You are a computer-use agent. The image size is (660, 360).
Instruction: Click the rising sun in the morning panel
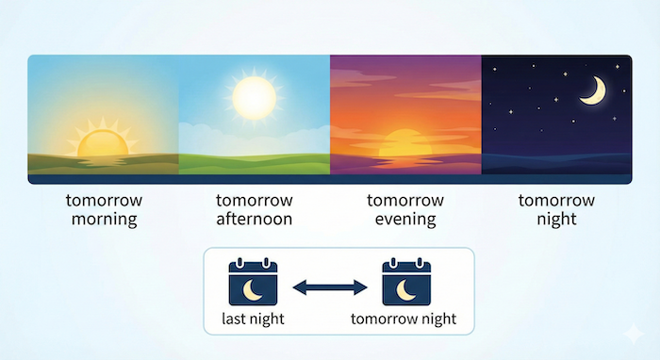tap(101, 142)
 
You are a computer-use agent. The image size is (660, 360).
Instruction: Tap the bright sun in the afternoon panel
tap(253, 96)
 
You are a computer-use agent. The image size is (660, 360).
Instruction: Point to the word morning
tap(102, 220)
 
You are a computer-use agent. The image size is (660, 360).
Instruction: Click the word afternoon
tap(254, 220)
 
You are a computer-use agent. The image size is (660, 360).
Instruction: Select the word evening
tap(405, 220)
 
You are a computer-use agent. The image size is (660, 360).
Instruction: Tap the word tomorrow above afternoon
tap(254, 201)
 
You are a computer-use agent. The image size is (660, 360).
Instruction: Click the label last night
tap(253, 319)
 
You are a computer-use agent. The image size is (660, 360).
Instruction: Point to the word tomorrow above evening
tap(405, 201)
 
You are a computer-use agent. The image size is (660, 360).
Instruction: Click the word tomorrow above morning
tap(102, 201)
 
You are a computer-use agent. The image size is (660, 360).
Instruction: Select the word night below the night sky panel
tap(557, 220)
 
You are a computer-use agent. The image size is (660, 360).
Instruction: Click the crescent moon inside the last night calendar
tap(253, 288)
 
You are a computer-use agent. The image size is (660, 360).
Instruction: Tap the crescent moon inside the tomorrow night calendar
tap(404, 288)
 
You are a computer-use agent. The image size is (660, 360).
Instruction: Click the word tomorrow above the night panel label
tap(557, 201)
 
